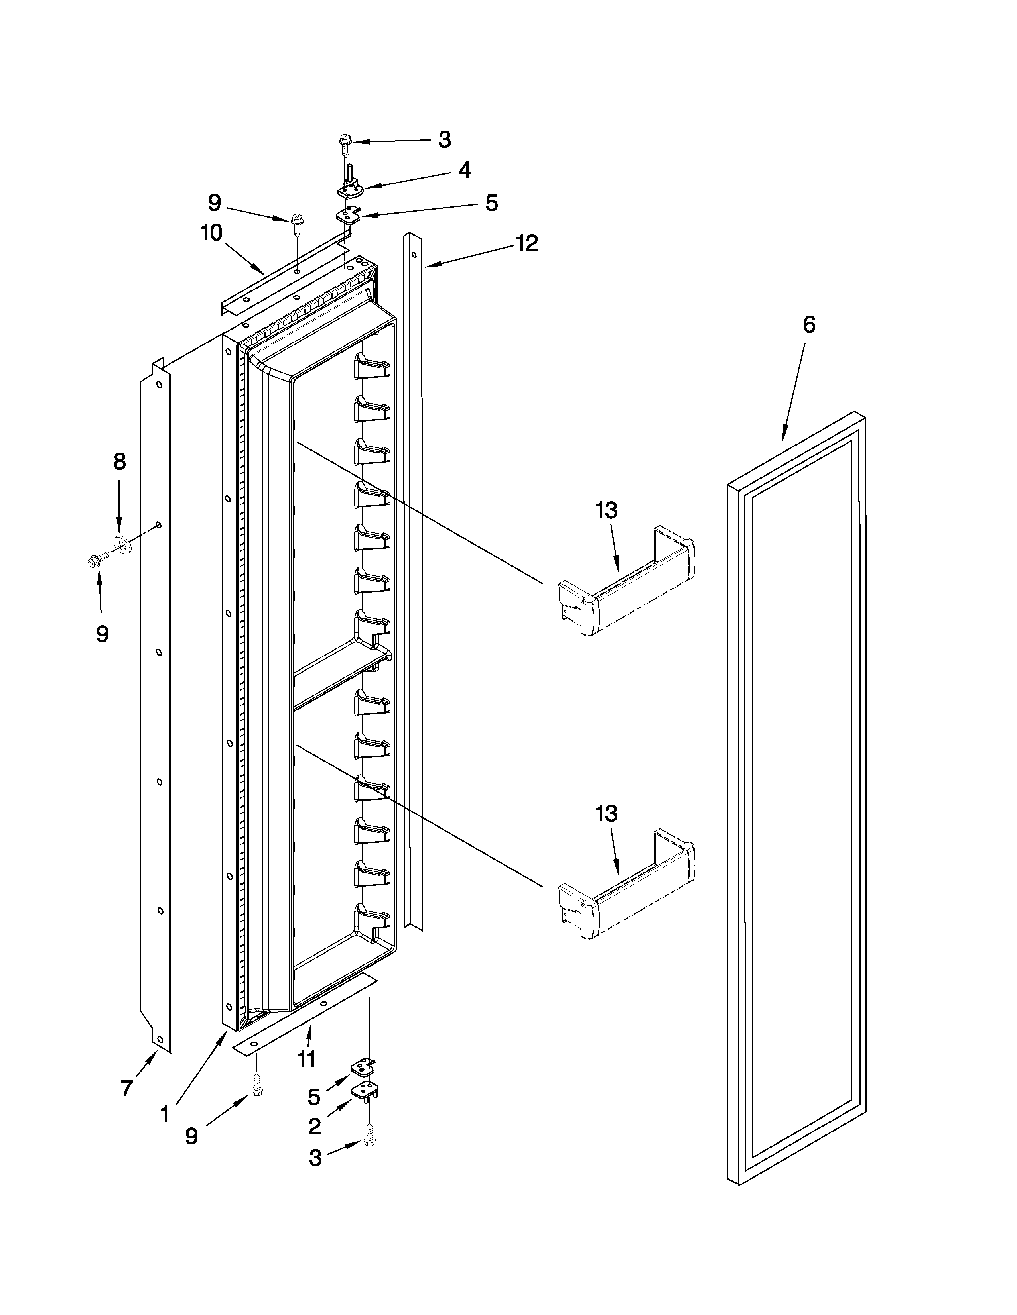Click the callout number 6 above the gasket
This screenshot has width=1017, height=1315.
pos(808,325)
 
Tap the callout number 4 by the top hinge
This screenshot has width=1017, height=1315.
pos(465,171)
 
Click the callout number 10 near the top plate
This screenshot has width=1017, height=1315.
pos(211,233)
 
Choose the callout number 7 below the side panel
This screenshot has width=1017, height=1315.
pos(126,1088)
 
